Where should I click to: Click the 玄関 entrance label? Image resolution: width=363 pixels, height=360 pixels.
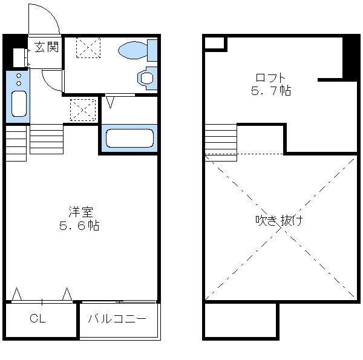click(x=47, y=47)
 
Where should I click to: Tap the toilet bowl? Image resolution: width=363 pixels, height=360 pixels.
click(x=132, y=50)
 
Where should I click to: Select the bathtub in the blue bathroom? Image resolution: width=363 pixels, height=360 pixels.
click(x=129, y=138)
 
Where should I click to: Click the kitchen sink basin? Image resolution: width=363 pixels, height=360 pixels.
click(x=19, y=103)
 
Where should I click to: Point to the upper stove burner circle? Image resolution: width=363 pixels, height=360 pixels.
click(x=19, y=76)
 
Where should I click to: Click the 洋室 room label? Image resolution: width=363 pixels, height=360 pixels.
click(x=80, y=212)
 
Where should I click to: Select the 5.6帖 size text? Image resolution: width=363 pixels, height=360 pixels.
click(x=79, y=226)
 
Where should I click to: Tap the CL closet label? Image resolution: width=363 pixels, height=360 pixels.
click(x=38, y=319)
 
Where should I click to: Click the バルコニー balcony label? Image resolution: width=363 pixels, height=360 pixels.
click(x=117, y=319)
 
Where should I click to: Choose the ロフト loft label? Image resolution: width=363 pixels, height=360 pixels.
click(x=270, y=77)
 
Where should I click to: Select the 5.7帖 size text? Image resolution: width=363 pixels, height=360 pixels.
click(x=271, y=90)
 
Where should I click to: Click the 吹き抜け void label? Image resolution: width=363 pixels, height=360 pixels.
click(x=279, y=220)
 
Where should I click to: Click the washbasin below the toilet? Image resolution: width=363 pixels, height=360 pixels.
click(x=147, y=78)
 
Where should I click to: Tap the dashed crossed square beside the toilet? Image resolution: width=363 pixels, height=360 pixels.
click(x=88, y=47)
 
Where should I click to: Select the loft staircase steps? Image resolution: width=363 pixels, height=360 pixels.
click(x=221, y=143)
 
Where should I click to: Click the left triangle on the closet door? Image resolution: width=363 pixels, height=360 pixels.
click(x=17, y=294)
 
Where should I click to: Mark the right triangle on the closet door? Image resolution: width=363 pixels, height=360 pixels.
click(x=67, y=294)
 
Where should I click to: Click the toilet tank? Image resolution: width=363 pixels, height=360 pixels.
click(x=152, y=50)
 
